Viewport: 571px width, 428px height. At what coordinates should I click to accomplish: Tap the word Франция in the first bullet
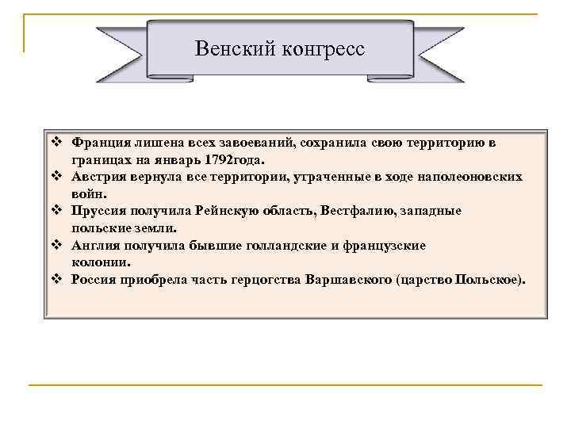(x=98, y=143)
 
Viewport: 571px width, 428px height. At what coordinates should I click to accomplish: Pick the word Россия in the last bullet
(x=94, y=280)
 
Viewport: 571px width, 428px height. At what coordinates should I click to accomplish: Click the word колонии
(x=101, y=262)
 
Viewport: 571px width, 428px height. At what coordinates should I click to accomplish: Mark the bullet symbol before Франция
(x=56, y=143)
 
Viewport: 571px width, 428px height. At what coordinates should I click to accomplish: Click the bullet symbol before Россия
(x=56, y=280)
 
